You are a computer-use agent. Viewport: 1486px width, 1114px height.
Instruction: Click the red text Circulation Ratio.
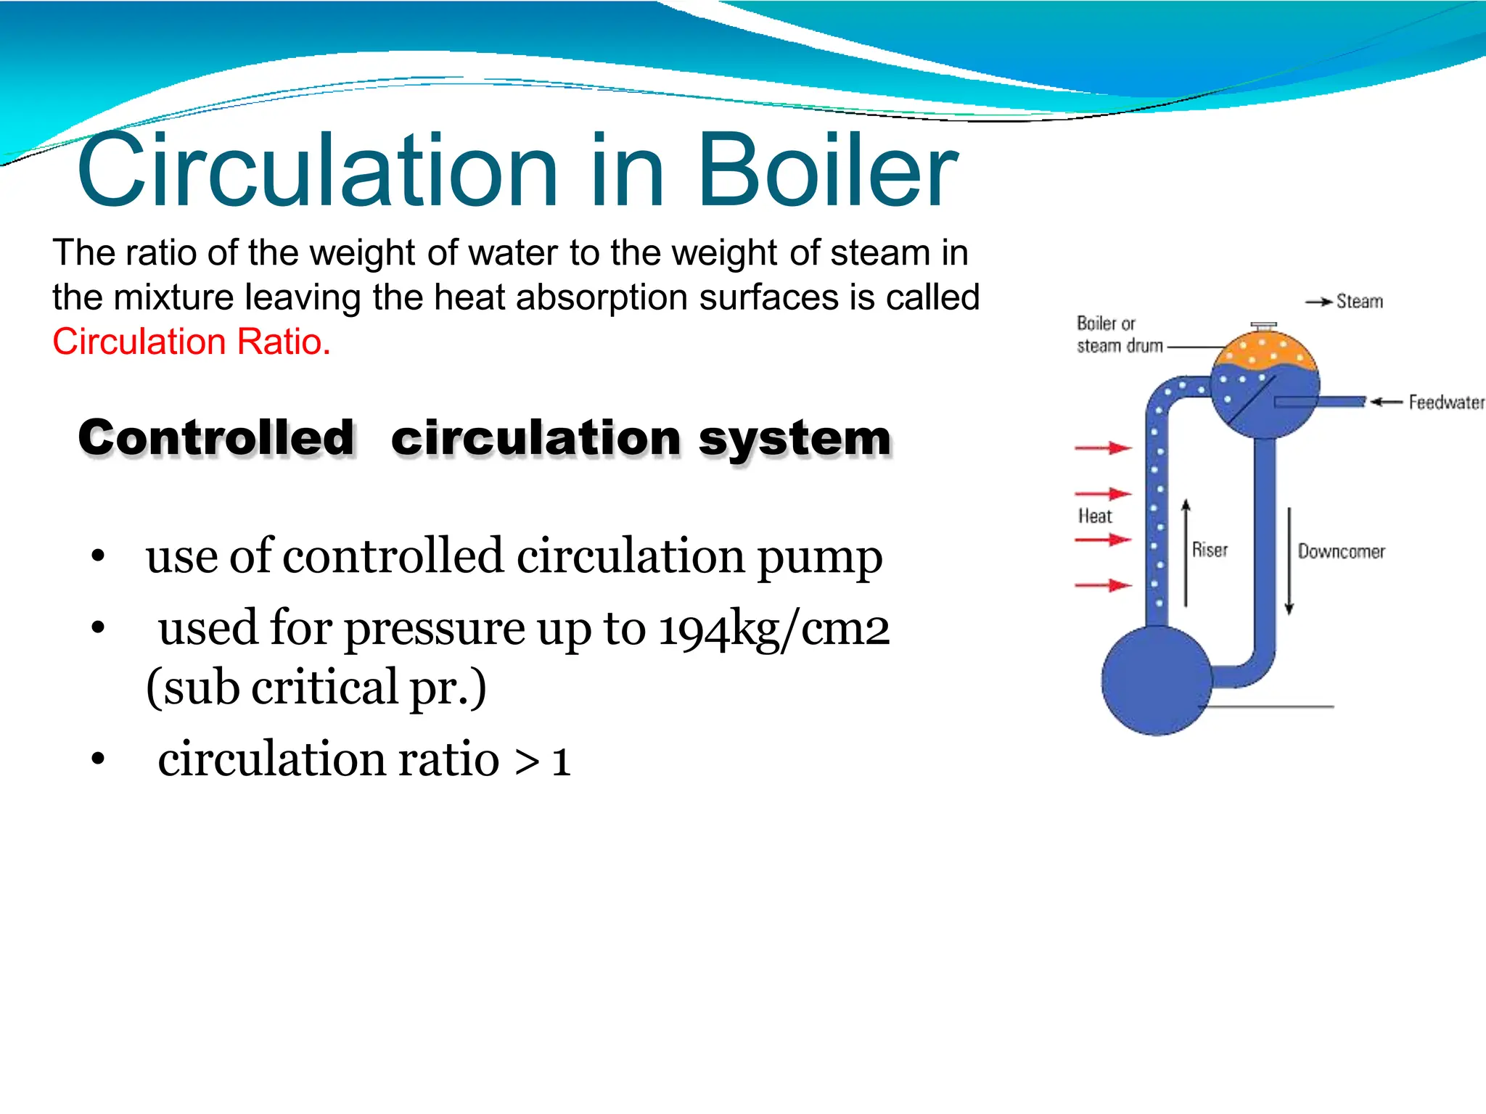point(192,342)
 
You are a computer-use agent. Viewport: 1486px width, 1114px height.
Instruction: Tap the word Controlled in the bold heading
point(216,438)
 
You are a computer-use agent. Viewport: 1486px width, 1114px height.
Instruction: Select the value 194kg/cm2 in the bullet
point(773,628)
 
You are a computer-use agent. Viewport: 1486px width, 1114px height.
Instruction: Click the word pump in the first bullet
point(819,557)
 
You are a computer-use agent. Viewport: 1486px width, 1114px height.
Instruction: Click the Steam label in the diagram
point(1359,301)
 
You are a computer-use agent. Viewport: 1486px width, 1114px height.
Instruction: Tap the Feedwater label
point(1445,402)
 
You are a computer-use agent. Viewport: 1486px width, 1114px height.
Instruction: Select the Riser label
point(1210,550)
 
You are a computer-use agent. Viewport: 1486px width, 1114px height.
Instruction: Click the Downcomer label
point(1341,551)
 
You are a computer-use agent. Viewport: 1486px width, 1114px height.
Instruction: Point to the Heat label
point(1094,516)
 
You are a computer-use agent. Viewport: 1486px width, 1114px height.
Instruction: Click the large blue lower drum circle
point(1155,680)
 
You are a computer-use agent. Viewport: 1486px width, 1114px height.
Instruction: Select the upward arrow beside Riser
point(1186,551)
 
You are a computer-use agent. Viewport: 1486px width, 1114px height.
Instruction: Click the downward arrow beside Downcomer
point(1289,562)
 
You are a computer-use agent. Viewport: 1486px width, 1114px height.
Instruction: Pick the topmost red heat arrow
point(1103,448)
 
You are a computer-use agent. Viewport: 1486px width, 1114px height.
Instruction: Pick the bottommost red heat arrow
point(1103,585)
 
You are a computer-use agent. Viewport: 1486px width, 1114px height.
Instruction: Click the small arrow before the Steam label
point(1318,302)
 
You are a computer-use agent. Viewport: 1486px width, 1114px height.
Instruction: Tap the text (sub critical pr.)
point(316,688)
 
